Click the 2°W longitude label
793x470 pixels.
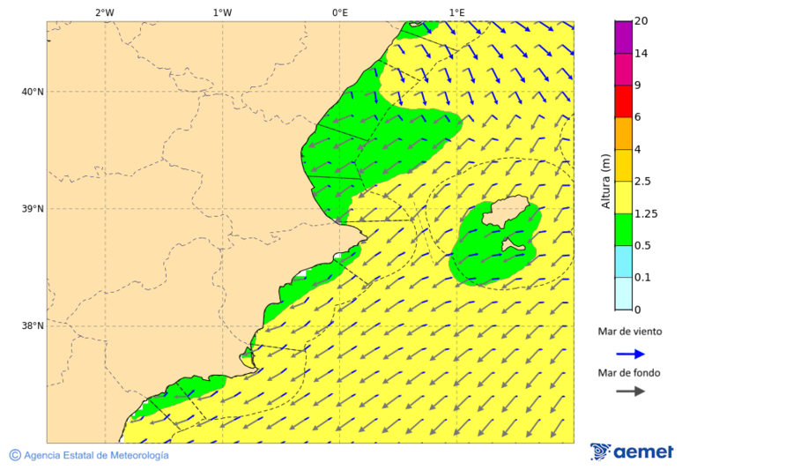pos(104,12)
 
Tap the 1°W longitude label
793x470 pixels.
pos(222,12)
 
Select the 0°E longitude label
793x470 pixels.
pos(339,12)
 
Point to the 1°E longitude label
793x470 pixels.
pos(456,12)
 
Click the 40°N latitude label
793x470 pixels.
pos(32,92)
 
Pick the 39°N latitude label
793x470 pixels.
pos(32,209)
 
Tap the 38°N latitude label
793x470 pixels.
pos(32,326)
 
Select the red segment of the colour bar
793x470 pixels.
pos(623,101)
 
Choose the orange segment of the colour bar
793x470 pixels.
pos(623,133)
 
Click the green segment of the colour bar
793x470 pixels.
pos(623,229)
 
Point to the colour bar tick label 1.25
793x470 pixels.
pos(647,213)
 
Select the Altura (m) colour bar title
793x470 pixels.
pos(605,181)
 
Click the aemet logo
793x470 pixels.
pos(632,452)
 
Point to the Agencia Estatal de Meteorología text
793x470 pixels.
pos(95,456)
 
